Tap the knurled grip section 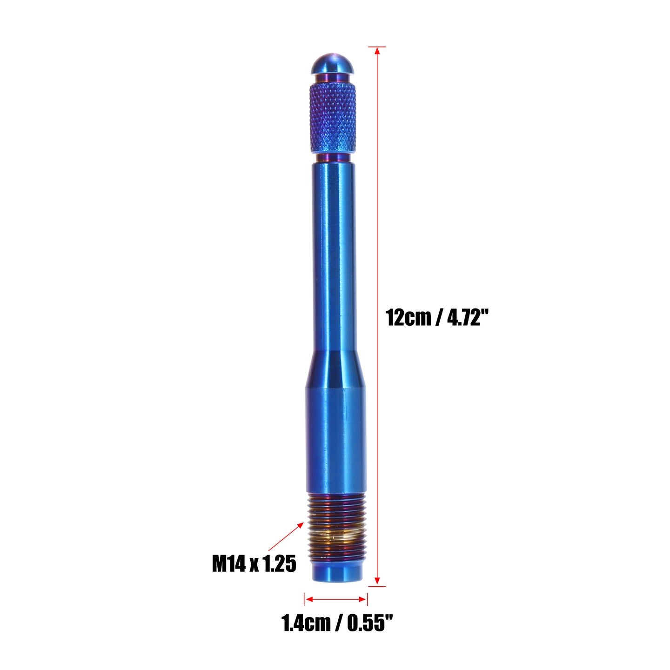click(x=332, y=118)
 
